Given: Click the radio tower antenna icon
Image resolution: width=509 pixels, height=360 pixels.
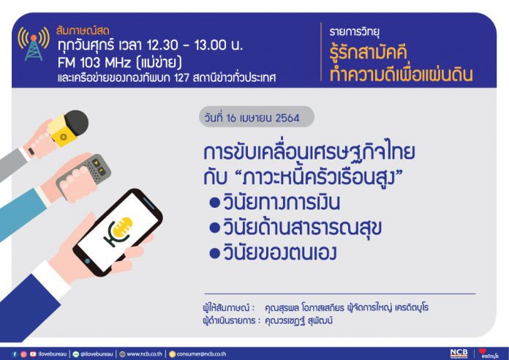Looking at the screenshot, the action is coord(34,44).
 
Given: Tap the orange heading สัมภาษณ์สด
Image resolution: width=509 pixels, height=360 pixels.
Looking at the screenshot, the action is coord(83,31).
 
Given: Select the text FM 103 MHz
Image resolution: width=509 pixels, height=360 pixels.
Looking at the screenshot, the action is coord(94,62).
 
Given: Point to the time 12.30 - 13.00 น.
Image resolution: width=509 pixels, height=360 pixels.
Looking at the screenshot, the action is coord(195,45).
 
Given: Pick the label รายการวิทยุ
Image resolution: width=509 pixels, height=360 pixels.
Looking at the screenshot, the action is coord(355,32).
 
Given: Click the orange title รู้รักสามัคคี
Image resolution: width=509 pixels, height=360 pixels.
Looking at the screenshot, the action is coord(369,52).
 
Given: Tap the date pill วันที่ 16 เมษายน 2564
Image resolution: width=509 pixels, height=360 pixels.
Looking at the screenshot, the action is coord(257,117).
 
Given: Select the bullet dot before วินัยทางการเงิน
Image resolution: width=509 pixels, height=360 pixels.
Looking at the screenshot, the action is coord(215,203).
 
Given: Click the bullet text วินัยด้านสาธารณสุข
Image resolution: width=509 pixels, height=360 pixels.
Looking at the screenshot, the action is coord(302,227).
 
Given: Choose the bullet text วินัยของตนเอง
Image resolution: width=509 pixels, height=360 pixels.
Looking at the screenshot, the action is coord(280,252).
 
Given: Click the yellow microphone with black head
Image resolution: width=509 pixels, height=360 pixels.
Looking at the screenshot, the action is coord(69,127).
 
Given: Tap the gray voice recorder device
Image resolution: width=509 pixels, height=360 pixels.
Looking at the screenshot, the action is coord(84,176).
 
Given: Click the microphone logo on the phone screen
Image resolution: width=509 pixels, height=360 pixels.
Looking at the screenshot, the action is coord(118,230).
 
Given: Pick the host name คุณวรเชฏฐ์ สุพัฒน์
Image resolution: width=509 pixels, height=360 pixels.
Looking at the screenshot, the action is coord(298,321).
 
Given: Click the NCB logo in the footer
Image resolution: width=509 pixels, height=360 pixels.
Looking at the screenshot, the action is coord(459,353).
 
